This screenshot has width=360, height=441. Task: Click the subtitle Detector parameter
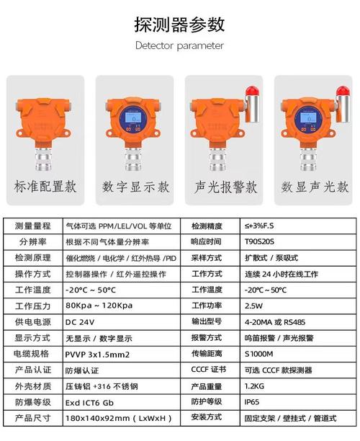pyautogui.click(x=180, y=45)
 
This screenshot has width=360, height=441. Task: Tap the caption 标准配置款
pyautogui.click(x=45, y=187)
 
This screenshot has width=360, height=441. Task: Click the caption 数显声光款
pyautogui.click(x=315, y=187)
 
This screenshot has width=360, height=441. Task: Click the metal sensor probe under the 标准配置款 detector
pyautogui.click(x=44, y=153)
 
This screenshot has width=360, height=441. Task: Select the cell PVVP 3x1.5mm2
pyautogui.click(x=97, y=354)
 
